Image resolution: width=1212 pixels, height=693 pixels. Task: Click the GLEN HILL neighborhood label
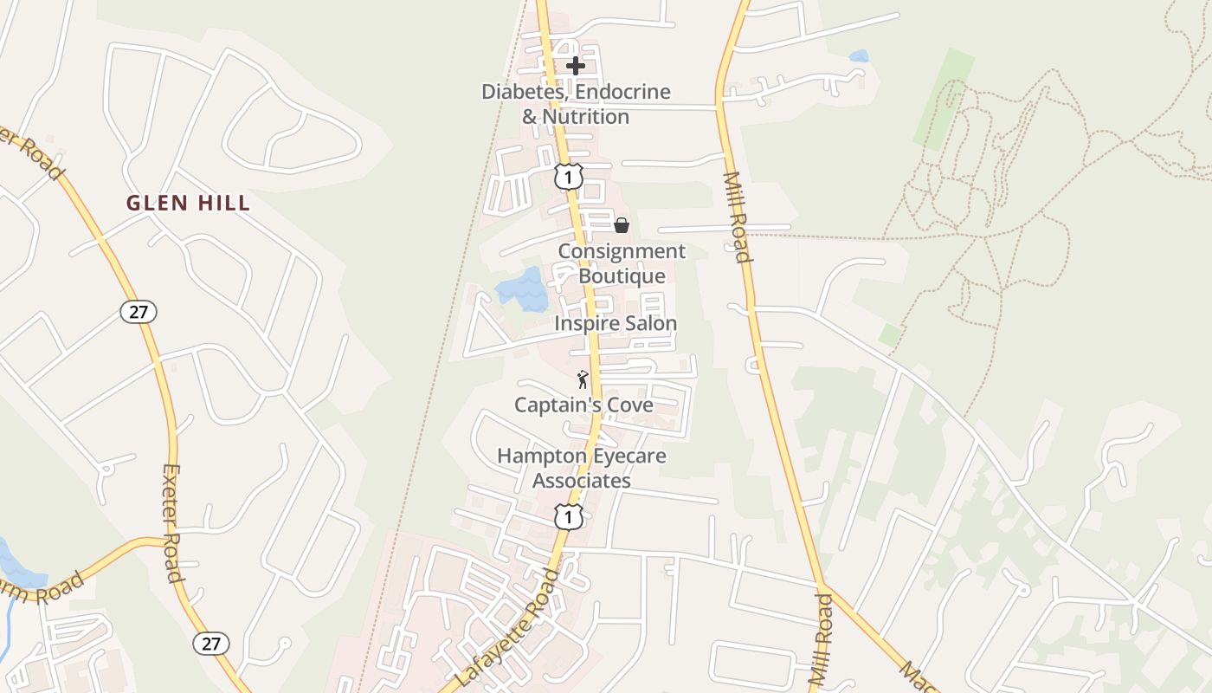[188, 204]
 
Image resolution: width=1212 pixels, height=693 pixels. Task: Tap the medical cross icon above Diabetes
[576, 65]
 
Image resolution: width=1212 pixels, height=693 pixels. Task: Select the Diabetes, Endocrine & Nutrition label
[576, 104]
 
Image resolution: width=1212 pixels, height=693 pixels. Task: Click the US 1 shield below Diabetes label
[568, 178]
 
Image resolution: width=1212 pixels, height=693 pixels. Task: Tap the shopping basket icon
[622, 226]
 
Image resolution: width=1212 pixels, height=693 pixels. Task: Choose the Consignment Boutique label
[622, 263]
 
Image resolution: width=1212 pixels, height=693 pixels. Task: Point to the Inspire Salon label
[616, 323]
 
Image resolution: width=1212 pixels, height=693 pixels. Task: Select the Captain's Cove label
[583, 405]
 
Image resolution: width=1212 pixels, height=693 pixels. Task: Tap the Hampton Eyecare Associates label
[582, 468]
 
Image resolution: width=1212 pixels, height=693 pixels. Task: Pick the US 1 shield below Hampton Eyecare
[568, 517]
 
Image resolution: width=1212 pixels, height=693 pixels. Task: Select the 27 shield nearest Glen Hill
[139, 312]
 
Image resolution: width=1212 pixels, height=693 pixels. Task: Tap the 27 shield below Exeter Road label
[210, 643]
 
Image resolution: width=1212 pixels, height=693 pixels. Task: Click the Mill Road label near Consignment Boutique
[736, 217]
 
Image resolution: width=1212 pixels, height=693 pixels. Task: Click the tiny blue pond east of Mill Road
[859, 56]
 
